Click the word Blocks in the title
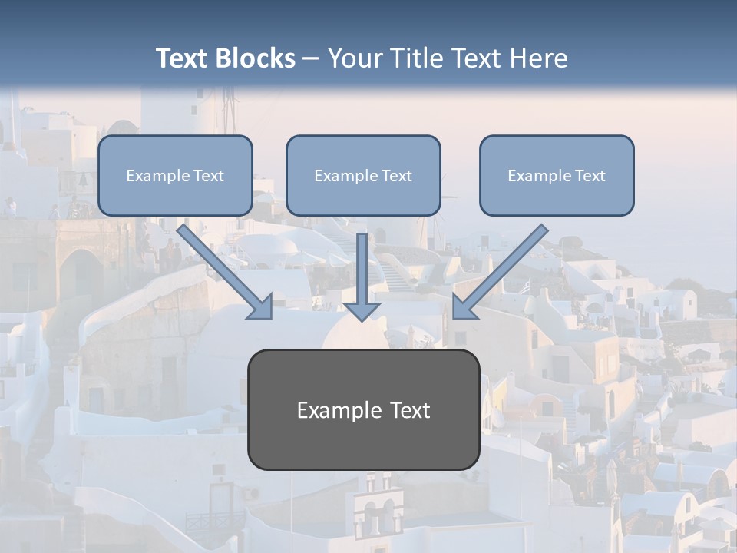tap(255, 58)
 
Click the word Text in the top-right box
tap(590, 176)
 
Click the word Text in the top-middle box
tap(396, 176)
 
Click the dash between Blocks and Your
tap(311, 58)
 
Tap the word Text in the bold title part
tap(182, 58)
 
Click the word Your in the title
tap(355, 58)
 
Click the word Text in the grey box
tap(411, 410)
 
